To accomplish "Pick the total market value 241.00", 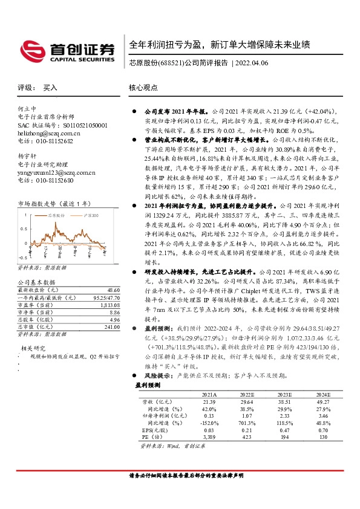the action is tap(111, 327).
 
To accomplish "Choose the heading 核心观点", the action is tap(143, 88).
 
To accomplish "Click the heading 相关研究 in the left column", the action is tap(34, 349).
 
